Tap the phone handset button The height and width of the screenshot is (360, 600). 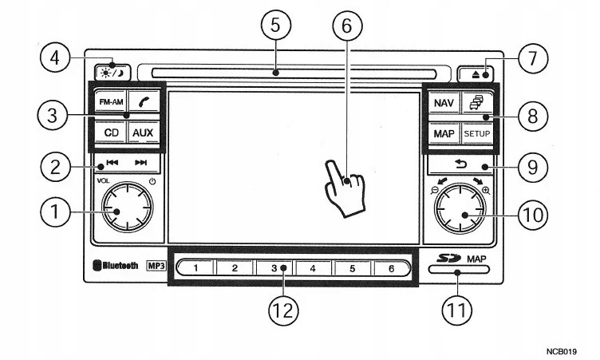[144, 102]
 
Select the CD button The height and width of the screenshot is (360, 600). [111, 133]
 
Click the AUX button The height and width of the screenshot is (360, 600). [143, 133]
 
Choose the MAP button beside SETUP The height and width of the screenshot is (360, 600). [444, 133]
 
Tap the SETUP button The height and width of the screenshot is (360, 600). [477, 133]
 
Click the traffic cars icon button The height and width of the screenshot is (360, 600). [477, 103]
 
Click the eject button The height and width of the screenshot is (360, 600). [476, 74]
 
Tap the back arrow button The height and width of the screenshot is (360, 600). [460, 164]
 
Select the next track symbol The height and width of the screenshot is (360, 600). [140, 163]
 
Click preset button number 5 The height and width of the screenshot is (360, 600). [352, 268]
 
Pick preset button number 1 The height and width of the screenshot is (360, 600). [195, 268]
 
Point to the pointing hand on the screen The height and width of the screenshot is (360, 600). [345, 188]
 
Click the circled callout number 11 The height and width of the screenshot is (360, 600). [457, 310]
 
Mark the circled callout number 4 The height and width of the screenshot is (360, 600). [55, 58]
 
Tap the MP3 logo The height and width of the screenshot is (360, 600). [156, 266]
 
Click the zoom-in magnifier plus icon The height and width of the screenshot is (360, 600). [486, 190]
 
